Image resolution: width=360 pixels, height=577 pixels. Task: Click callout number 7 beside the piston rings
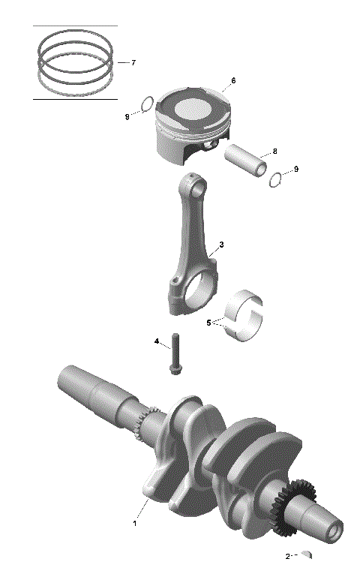coord(133,62)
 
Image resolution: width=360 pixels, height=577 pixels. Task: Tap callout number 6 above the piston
coord(233,80)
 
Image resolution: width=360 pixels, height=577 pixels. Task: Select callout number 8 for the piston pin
coord(274,151)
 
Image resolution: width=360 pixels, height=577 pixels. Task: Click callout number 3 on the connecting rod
coord(221,245)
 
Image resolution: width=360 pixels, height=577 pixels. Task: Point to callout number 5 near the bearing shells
coord(208,323)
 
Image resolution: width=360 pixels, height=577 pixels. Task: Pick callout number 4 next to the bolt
coord(157,341)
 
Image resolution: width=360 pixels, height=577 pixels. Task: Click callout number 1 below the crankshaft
coord(135,522)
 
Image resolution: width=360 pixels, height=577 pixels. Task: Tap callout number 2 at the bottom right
coord(287,557)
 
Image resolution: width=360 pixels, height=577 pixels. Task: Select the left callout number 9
coord(127,117)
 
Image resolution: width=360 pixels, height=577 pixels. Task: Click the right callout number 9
coord(295,170)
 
